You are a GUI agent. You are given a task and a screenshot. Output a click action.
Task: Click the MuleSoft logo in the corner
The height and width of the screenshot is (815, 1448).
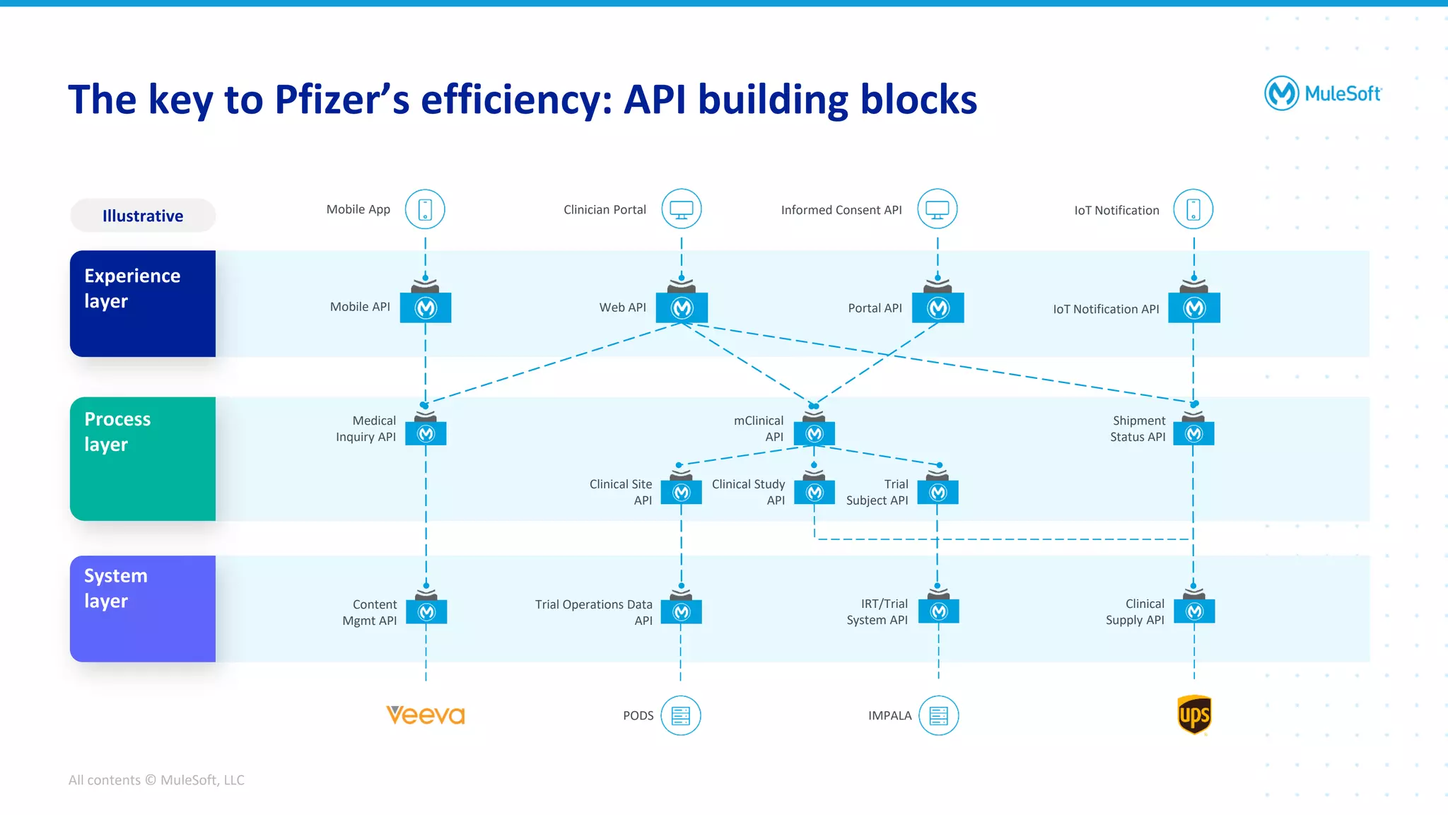coord(1322,93)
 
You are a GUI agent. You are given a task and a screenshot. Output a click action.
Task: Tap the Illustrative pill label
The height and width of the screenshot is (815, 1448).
coord(143,216)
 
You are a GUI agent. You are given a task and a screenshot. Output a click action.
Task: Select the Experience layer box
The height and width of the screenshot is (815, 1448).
coord(143,303)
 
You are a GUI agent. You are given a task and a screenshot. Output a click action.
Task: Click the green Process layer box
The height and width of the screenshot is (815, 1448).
coord(143,458)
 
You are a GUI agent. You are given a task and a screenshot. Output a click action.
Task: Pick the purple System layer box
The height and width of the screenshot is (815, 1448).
coord(143,608)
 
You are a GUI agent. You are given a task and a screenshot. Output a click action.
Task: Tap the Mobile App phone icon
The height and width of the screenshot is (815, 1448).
coord(425,209)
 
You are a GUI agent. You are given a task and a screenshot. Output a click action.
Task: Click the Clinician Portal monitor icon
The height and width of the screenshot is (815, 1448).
coord(682,209)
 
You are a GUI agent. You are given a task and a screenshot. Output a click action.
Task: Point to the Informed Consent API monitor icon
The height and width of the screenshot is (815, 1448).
coord(938,209)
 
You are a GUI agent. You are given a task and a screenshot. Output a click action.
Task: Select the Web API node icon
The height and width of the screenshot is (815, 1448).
coord(682,307)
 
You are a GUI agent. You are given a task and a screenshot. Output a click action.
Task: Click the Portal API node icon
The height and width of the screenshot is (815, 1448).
coord(938,307)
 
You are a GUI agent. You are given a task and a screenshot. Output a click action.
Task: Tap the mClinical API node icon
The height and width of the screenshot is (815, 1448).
coord(814,433)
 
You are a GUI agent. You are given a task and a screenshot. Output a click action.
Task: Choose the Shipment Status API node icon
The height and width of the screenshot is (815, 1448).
coord(1194,433)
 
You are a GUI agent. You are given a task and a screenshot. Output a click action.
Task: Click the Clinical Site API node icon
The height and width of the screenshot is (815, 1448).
coord(682,492)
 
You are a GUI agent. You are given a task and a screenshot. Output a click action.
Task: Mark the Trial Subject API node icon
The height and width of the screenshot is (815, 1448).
coord(938,492)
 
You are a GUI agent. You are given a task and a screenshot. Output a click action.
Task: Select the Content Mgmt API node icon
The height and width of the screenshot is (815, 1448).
coord(426,611)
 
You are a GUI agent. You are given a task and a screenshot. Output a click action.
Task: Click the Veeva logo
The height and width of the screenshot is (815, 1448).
coord(426,715)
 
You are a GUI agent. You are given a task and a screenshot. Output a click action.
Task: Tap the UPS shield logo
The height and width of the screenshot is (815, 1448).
coord(1194,715)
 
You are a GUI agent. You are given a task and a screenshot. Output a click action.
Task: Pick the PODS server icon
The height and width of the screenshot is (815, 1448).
coord(681,715)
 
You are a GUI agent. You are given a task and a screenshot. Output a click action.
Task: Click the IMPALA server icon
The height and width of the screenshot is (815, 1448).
coord(939,715)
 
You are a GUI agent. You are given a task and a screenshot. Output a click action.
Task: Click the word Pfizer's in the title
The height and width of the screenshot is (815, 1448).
coord(342,100)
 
